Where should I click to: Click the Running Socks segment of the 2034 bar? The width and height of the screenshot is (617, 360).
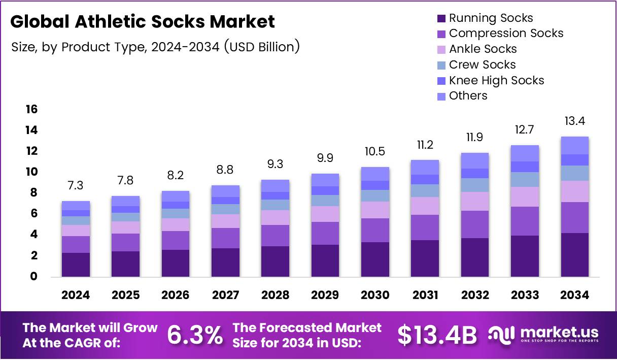coord(574,254)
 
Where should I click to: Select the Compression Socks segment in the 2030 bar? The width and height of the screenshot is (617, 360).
coord(375,230)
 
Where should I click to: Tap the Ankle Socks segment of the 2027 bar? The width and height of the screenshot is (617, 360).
coord(225,221)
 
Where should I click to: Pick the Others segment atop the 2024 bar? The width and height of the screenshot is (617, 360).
coord(76,206)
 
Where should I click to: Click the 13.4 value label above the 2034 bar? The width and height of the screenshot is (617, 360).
coord(574,121)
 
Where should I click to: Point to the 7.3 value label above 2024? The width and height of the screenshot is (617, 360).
coord(76,185)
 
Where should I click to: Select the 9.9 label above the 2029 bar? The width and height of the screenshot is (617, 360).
coord(325,158)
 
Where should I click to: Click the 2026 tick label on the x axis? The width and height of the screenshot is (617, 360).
coord(176,295)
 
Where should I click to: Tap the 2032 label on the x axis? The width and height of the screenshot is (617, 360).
coord(475,295)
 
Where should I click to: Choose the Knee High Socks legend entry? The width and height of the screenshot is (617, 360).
coord(496,80)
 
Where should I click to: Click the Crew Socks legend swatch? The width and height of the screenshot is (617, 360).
coord(441,65)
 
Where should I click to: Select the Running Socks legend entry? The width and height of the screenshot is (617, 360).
coord(491,18)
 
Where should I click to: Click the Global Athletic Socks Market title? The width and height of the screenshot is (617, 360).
coord(143,21)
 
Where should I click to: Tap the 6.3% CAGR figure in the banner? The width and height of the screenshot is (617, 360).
coord(195,335)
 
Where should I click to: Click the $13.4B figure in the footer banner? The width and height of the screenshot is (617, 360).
coord(437,335)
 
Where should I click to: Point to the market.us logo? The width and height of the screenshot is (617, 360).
coord(543,335)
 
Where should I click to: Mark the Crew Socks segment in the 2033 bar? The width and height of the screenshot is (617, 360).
coord(525,179)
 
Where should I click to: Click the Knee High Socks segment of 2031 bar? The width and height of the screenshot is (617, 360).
coord(425,179)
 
